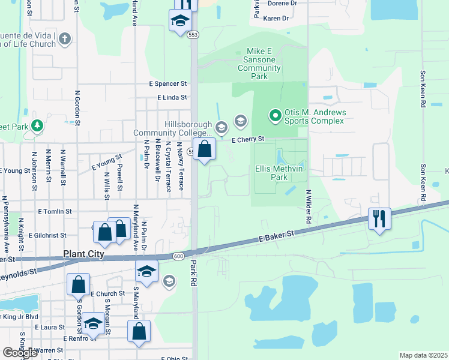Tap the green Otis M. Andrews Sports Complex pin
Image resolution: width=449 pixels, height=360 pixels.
point(275,114)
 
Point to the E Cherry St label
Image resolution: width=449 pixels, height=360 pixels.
point(249,139)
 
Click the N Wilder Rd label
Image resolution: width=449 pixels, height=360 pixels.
point(307,208)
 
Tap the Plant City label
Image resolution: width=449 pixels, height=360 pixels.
point(84,254)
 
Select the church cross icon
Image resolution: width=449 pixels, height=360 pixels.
point(65,39)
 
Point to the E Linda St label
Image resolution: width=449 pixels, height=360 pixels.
point(172,97)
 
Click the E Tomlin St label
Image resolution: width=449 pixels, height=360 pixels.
point(55,211)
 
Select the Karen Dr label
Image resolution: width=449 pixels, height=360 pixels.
point(276,19)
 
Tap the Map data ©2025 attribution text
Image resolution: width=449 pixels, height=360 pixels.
point(423,355)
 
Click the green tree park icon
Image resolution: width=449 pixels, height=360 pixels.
point(37,125)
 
